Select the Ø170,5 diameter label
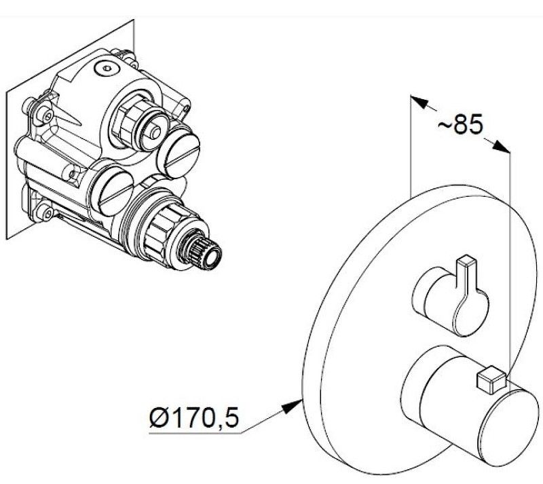[194, 419]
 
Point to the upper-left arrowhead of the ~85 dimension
[418, 102]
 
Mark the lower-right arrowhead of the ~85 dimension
[502, 146]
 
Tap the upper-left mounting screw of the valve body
[45, 113]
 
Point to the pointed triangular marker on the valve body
[68, 115]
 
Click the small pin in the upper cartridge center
[155, 132]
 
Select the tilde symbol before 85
[445, 125]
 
